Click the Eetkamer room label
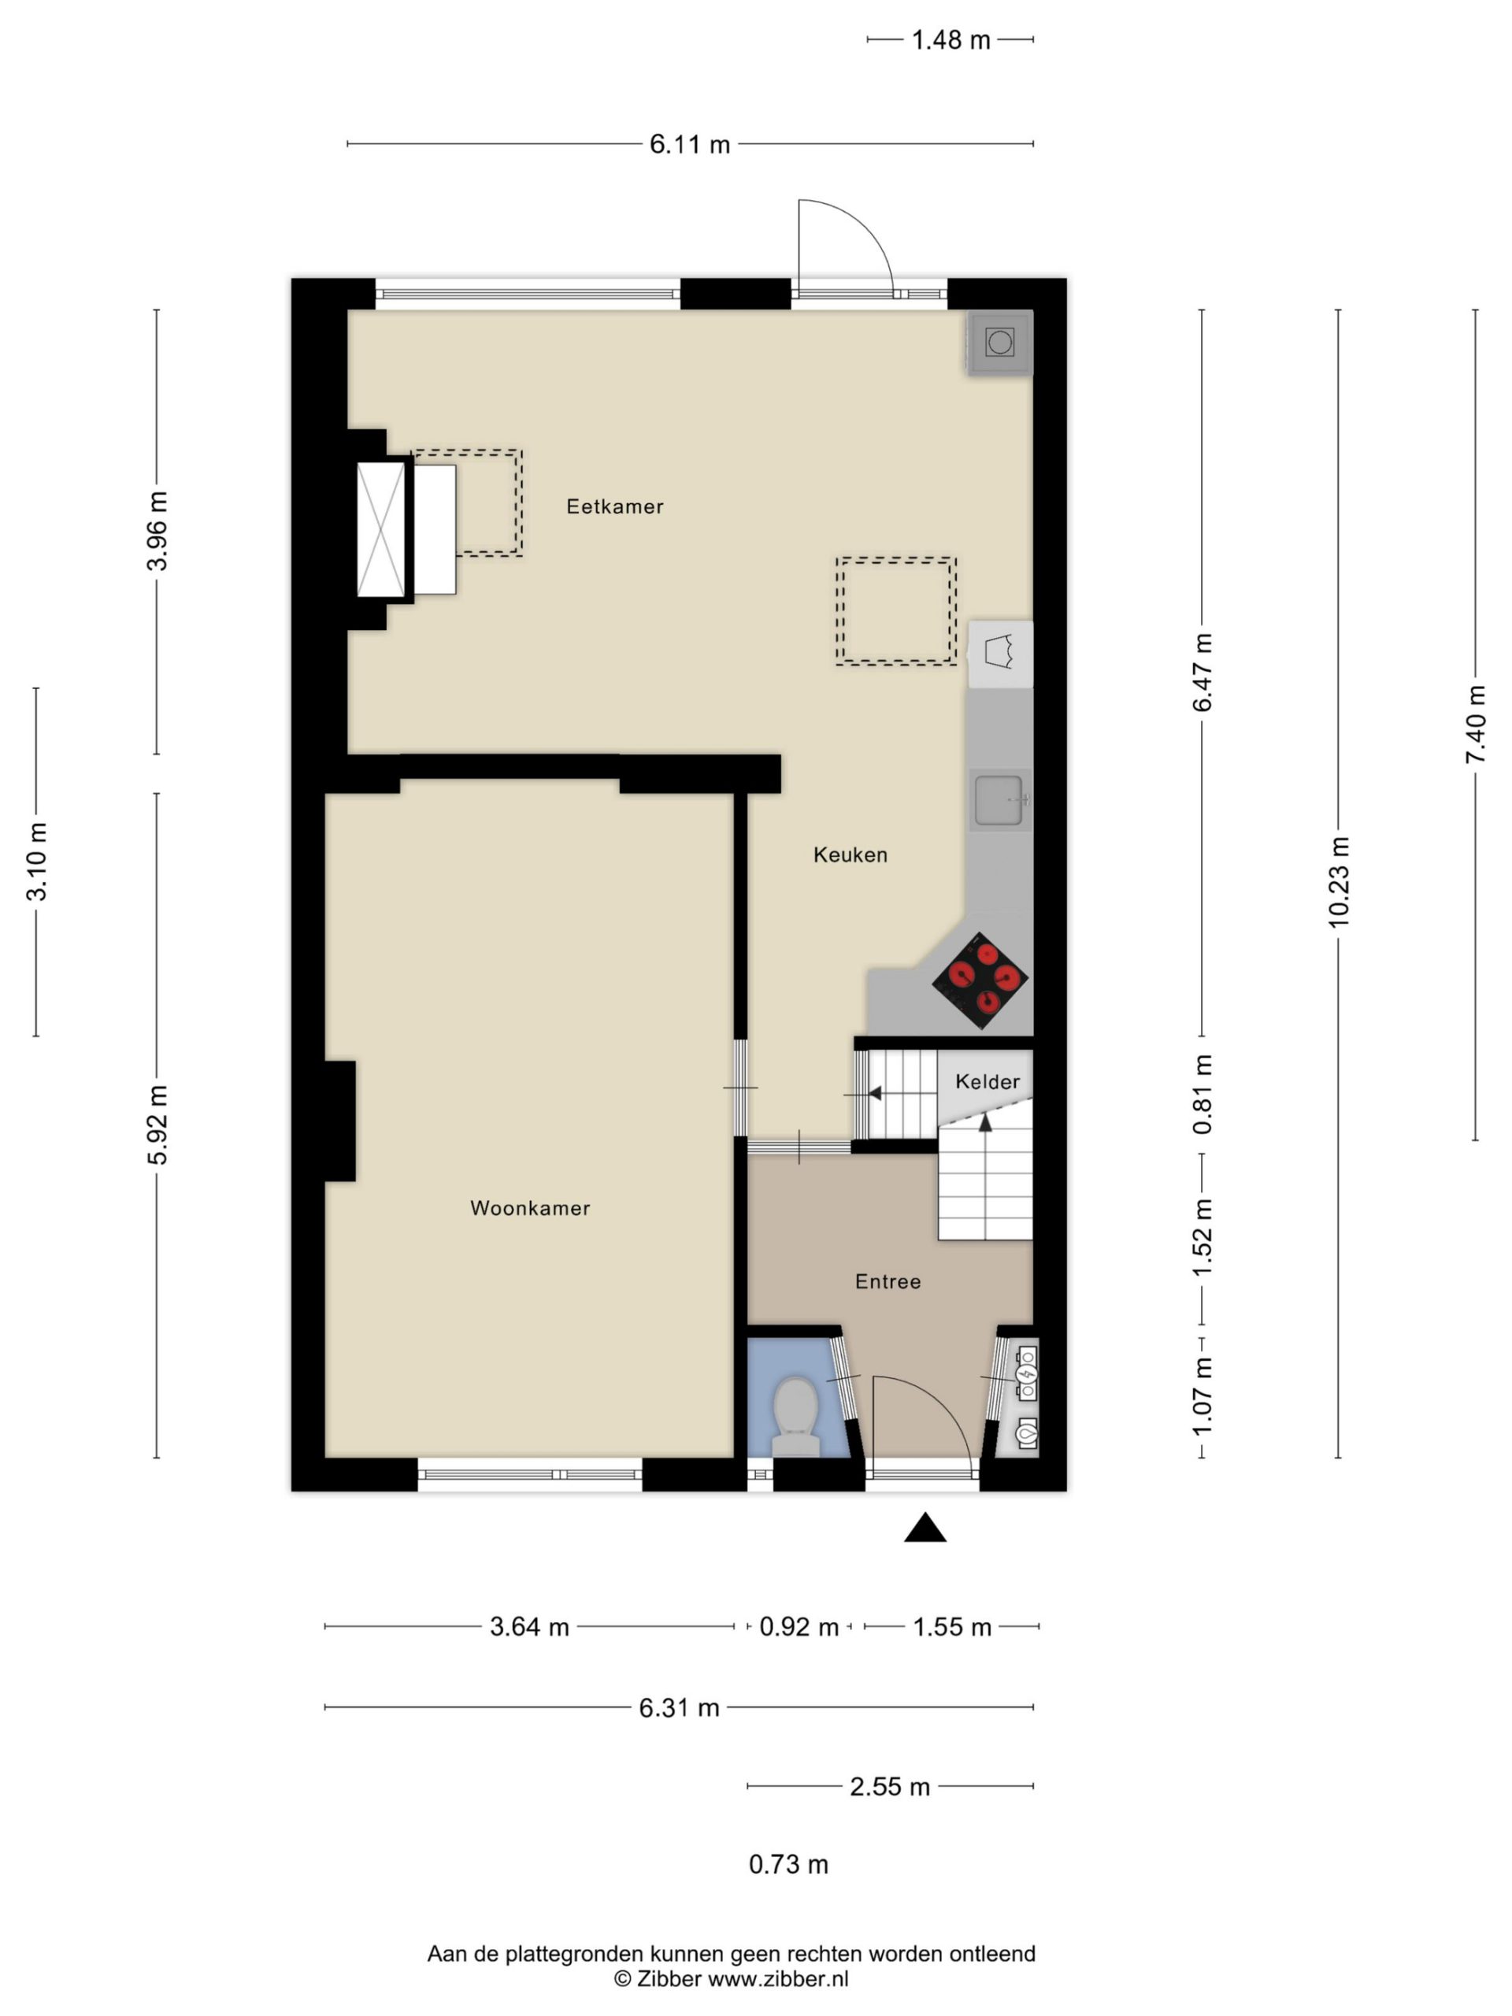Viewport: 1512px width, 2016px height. pyautogui.click(x=614, y=506)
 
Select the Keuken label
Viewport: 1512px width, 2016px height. pyautogui.click(x=850, y=855)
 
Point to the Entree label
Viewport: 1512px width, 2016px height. pyautogui.click(x=888, y=1282)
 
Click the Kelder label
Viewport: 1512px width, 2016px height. pyautogui.click(x=987, y=1082)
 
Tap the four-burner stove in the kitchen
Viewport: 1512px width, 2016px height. pyautogui.click(x=980, y=980)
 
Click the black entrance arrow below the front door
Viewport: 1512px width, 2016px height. pyautogui.click(x=925, y=1529)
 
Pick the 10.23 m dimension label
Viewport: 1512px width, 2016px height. pyautogui.click(x=1338, y=881)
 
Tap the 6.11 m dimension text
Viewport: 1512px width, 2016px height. pyautogui.click(x=690, y=145)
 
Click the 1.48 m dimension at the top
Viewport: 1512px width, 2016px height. pyautogui.click(x=951, y=40)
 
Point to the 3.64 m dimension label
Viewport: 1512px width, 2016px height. pyautogui.click(x=529, y=1627)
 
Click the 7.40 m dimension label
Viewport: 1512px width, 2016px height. pyautogui.click(x=1476, y=724)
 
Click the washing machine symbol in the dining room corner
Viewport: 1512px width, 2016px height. pyautogui.click(x=1000, y=343)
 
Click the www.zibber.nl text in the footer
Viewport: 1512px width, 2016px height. pyautogui.click(x=778, y=1979)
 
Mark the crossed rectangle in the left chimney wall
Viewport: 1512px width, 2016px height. pyautogui.click(x=381, y=529)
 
